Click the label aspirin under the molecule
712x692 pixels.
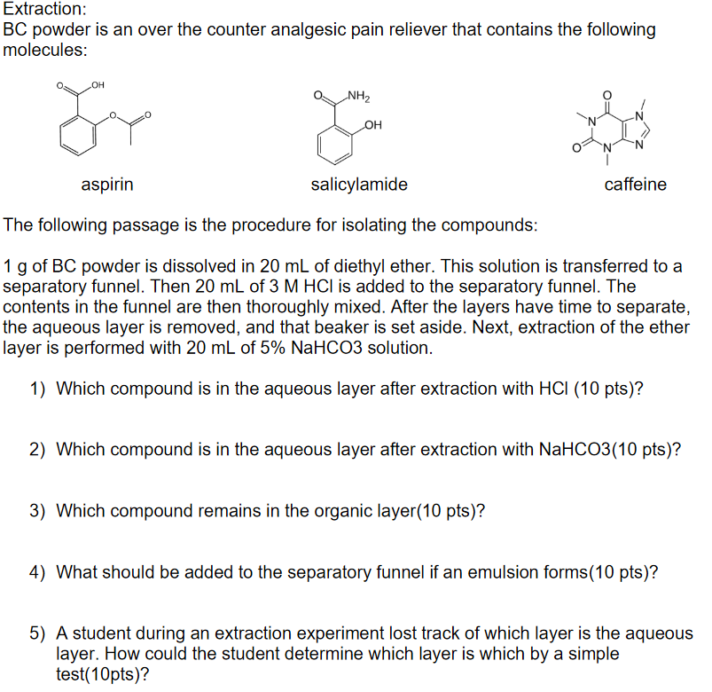[x=107, y=185]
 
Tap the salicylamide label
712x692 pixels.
[x=359, y=185]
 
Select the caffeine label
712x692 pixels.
[x=635, y=185]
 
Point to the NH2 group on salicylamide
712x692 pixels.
[x=359, y=96]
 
